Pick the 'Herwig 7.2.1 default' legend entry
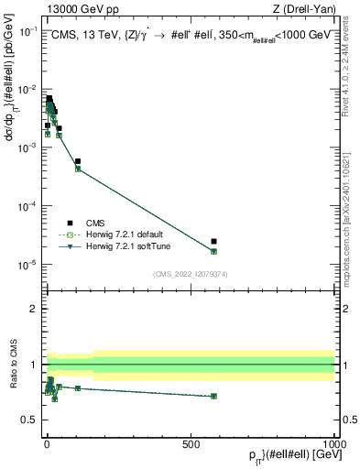pos(117,234)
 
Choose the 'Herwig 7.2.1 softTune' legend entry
pos(120,246)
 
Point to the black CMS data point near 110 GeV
pos(78,161)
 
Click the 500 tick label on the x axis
pos(191,444)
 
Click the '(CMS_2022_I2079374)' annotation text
pos(190,272)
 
